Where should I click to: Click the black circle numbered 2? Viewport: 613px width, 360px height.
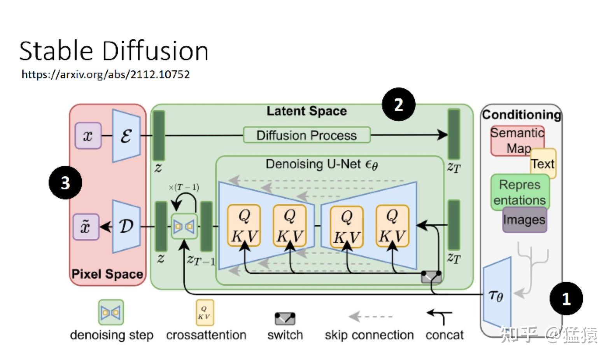point(399,105)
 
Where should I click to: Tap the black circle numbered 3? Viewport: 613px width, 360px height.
point(65,182)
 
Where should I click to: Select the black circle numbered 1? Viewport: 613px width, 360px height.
point(566,299)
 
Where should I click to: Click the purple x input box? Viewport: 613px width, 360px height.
point(88,136)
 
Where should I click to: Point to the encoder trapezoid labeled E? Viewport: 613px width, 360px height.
point(126,136)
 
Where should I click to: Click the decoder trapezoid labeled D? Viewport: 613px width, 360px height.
point(126,226)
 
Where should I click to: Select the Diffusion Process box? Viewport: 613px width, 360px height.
point(306,135)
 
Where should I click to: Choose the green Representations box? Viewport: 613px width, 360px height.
point(520,192)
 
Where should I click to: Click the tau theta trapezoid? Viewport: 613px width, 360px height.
point(497,296)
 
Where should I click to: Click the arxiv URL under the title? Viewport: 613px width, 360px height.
point(105,74)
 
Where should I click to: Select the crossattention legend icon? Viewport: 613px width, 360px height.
point(205,312)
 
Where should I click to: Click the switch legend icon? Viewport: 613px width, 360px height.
point(285,319)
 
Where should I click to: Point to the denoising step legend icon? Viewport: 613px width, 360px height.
point(111,312)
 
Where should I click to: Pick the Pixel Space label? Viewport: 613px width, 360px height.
point(107,274)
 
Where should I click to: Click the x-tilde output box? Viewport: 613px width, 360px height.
point(86,227)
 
